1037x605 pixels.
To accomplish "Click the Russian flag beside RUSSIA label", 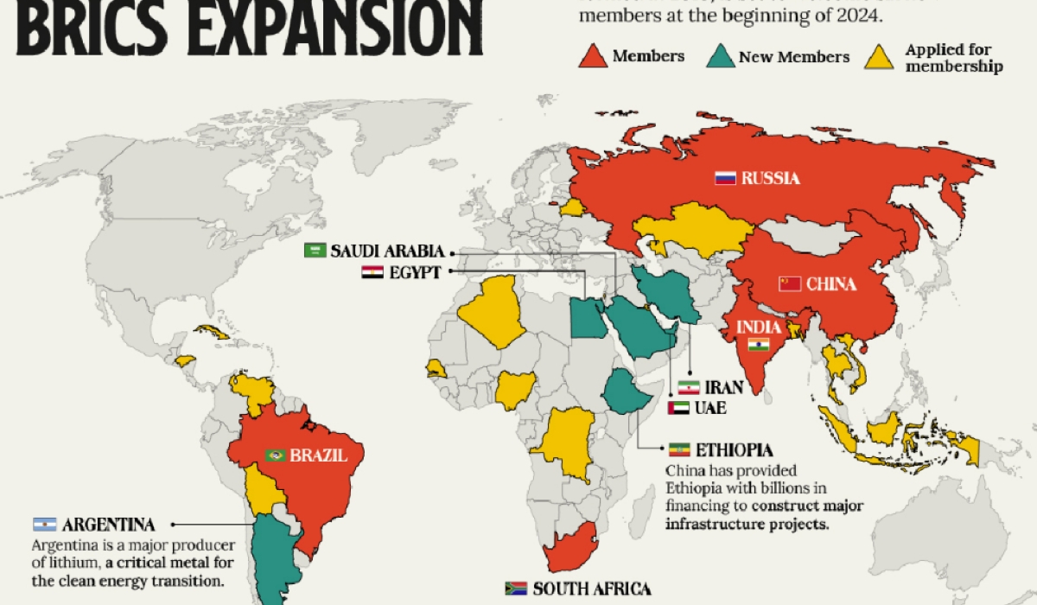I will click(724, 179).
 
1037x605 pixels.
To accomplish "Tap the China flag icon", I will click(790, 283).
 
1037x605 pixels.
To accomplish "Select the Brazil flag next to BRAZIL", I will click(276, 455).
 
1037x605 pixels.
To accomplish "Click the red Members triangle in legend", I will click(593, 57).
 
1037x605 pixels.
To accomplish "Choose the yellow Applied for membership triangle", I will click(879, 58).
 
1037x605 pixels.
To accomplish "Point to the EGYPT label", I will click(415, 272).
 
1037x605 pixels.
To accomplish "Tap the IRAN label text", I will click(723, 388).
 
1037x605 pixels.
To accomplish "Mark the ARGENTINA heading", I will click(108, 525).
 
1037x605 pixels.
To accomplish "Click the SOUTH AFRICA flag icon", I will click(516, 589).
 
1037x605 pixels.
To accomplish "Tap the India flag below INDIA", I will click(758, 345).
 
